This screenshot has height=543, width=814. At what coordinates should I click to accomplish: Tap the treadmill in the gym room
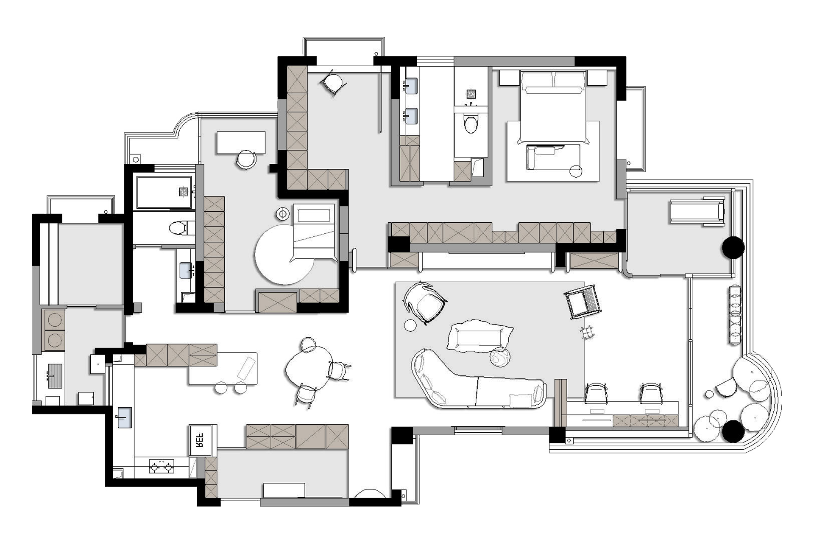pos(697,211)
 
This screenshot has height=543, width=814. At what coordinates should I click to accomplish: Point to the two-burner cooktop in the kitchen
pos(161,467)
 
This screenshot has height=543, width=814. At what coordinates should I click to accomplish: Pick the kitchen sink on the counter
pos(124,417)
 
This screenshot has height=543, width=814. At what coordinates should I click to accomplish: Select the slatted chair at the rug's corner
pos(583,302)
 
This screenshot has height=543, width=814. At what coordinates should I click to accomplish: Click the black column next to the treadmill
pos(733,247)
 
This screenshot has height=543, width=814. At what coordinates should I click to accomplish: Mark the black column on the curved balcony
pos(733,431)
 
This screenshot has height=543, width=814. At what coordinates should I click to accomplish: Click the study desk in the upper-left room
pos(241,143)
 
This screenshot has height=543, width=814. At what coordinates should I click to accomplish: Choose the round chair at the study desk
pos(246,160)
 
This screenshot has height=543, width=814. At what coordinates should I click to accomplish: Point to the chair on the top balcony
pos(333,84)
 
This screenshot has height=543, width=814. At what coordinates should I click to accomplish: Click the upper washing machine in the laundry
pos(55,320)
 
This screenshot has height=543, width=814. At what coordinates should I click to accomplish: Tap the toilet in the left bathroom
pos(178,228)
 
